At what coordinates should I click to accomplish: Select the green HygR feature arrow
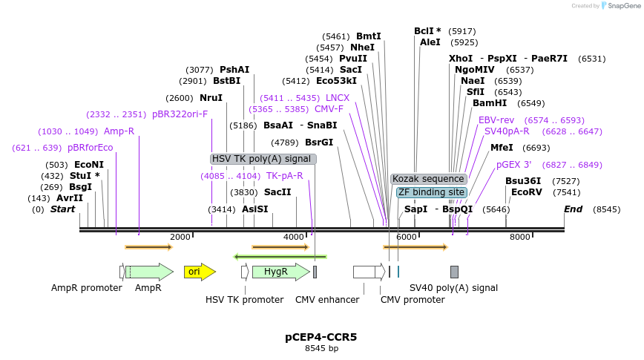pos(279,272)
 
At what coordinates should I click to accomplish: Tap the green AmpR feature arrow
pos(151,272)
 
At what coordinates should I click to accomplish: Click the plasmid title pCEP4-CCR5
pos(321,337)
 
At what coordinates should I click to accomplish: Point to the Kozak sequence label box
pos(429,179)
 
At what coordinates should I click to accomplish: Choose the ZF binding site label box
pos(431,192)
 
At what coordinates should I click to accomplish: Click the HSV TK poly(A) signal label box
pos(263,159)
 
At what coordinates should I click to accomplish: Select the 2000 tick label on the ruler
pos(180,237)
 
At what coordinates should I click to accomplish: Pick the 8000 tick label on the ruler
pos(520,237)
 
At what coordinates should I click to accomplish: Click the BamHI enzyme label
pos(490,103)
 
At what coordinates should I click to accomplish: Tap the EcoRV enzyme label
pos(527,192)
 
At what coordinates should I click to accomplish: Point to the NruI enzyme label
pos(211,98)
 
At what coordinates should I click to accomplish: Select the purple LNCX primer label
pos(338,98)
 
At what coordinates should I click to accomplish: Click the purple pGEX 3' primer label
pos(514,165)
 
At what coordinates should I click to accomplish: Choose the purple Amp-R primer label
pos(119,131)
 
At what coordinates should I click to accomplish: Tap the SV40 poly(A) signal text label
pos(454,288)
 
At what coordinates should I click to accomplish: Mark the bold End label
pos(574,209)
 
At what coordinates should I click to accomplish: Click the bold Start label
pos(63,209)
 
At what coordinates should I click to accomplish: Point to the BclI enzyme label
pos(427,31)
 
